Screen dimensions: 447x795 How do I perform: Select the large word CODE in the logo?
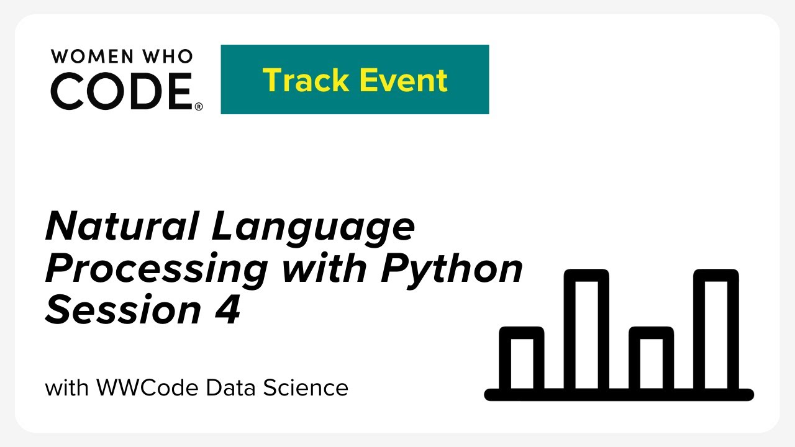(x=122, y=91)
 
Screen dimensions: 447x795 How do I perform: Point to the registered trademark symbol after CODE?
(x=199, y=107)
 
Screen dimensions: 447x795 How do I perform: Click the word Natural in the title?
(x=122, y=227)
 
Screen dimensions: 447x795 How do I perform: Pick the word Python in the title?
(x=452, y=269)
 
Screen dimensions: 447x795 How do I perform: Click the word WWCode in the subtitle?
(x=148, y=388)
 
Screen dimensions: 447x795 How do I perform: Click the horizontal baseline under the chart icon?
(x=619, y=395)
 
